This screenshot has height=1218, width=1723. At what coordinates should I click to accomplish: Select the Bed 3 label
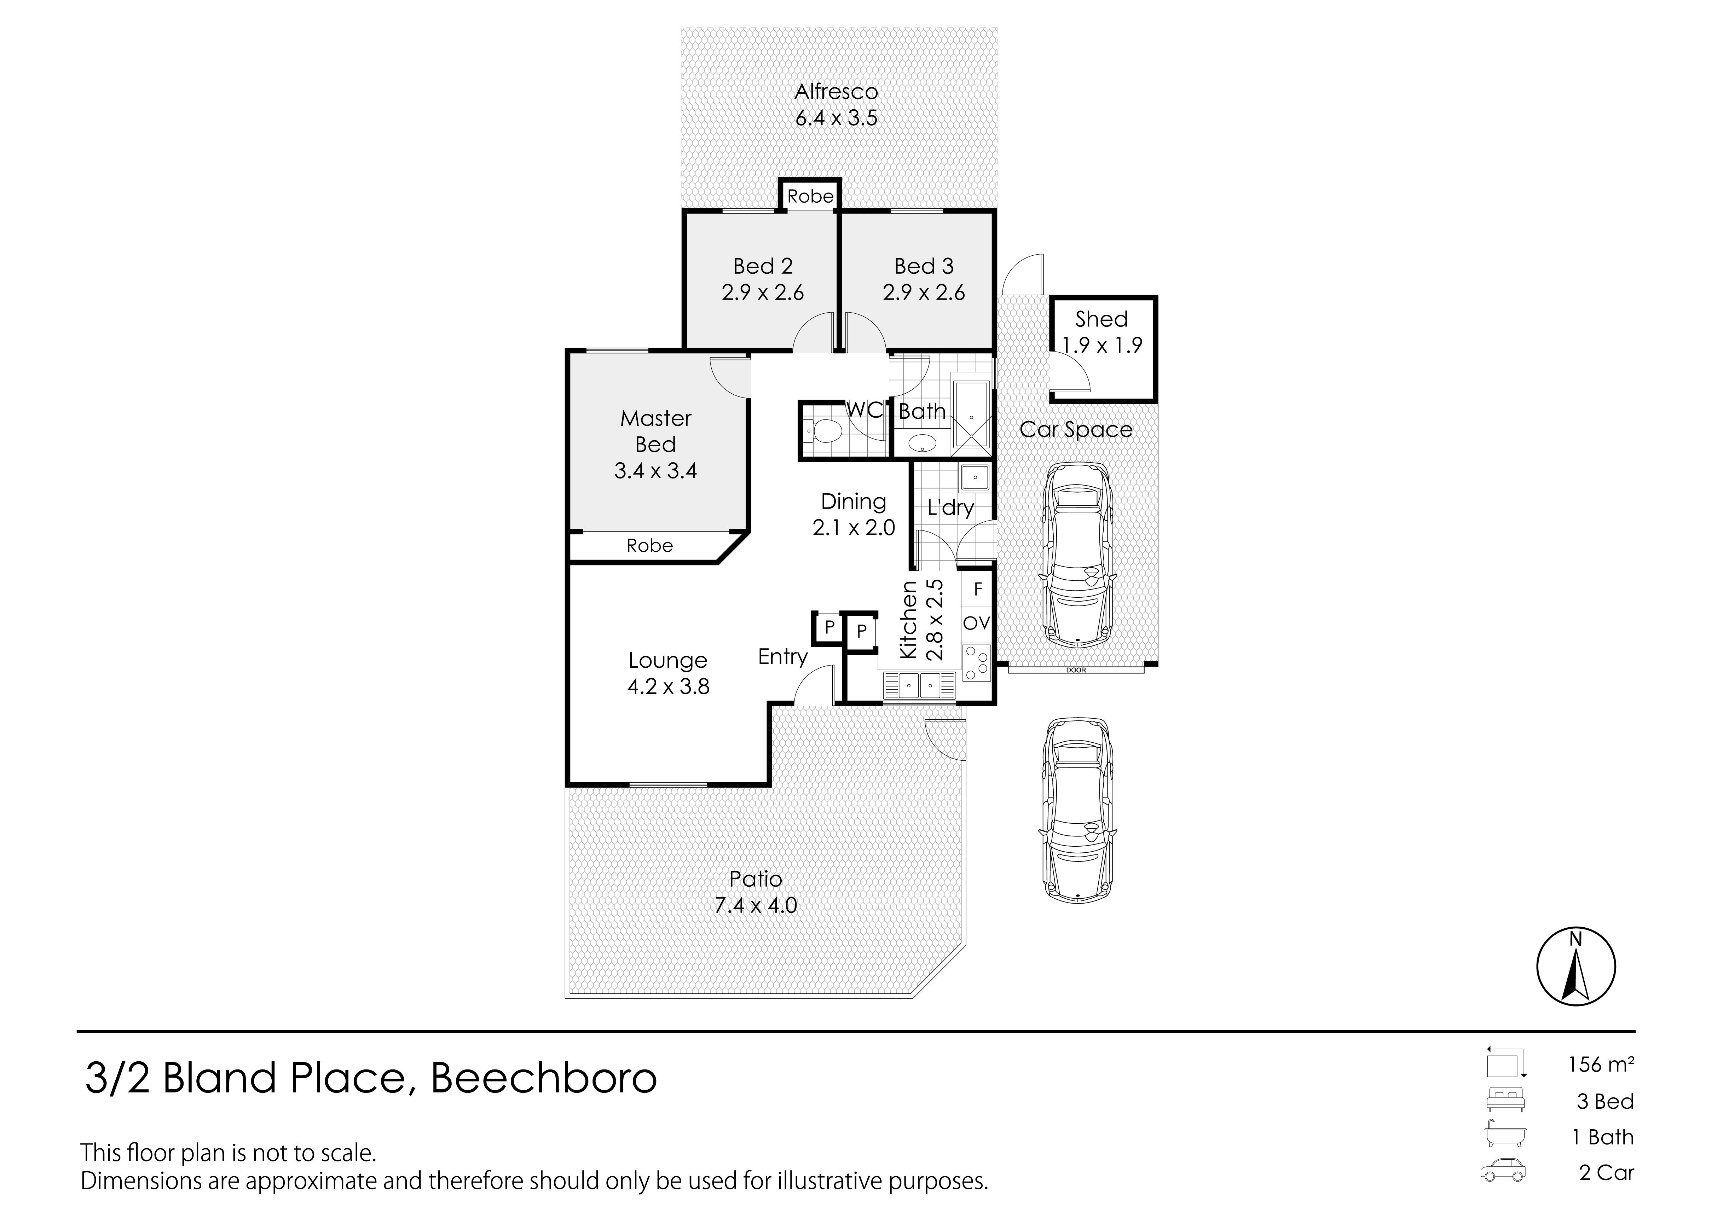click(x=924, y=266)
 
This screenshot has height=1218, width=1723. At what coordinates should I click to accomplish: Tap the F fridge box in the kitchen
click(x=978, y=589)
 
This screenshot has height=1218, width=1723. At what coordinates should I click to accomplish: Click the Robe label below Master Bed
click(x=650, y=546)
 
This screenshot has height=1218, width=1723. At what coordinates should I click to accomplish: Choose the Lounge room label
click(x=668, y=660)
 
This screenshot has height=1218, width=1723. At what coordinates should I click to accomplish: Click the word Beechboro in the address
click(x=544, y=1078)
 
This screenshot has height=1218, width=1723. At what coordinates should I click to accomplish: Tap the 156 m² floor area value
click(x=1601, y=1064)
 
